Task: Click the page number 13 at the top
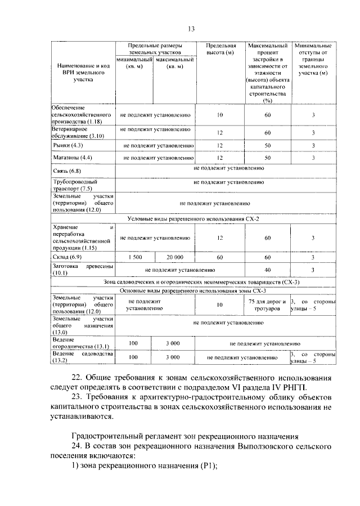(x=191, y=29)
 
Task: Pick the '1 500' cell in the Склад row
(x=135, y=257)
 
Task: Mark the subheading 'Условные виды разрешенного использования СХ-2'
(x=194, y=218)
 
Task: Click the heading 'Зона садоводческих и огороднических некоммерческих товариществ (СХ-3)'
(x=193, y=282)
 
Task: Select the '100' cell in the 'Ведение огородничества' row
(x=133, y=343)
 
